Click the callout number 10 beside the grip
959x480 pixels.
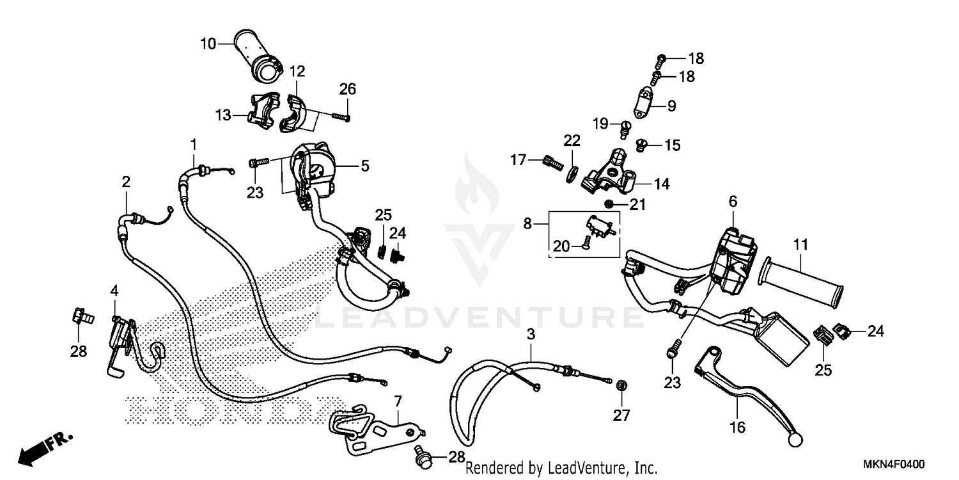(208, 44)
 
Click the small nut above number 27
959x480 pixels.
(620, 385)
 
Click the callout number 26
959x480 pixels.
(347, 89)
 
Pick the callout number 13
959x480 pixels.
(222, 116)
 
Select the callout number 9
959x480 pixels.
(671, 106)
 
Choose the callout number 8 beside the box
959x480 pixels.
(527, 224)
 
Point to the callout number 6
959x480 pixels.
(733, 201)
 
